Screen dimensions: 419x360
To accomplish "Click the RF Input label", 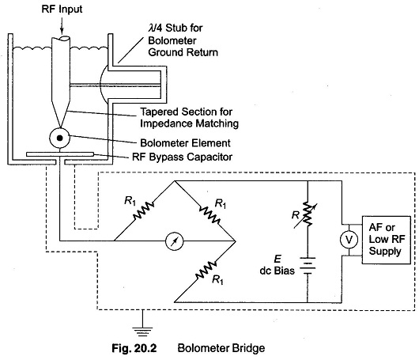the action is click(62, 9).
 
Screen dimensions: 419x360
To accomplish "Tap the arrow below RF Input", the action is click(62, 25).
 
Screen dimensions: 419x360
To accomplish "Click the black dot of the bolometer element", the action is click(60, 138).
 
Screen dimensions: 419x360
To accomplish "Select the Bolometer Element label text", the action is click(185, 143).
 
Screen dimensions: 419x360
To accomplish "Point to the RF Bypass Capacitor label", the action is click(183, 157).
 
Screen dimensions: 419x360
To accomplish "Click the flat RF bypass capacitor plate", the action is click(60, 154).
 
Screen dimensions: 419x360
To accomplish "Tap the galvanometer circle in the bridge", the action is click(174, 241).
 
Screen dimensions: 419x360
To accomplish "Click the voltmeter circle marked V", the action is click(349, 240).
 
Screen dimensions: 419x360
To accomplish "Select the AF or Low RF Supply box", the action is click(386, 240).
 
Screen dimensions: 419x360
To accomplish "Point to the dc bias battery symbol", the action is click(308, 266).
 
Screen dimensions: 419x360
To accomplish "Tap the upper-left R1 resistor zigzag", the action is click(144, 211).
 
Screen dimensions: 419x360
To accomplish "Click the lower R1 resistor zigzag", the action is click(206, 270).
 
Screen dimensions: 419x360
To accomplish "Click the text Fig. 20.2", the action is click(134, 348).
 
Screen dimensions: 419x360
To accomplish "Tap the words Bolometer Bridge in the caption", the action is click(221, 348).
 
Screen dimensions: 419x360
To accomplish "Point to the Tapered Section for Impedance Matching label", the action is click(189, 118).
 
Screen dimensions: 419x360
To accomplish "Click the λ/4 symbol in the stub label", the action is click(155, 28).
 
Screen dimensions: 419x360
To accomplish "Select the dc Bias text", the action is click(277, 271).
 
